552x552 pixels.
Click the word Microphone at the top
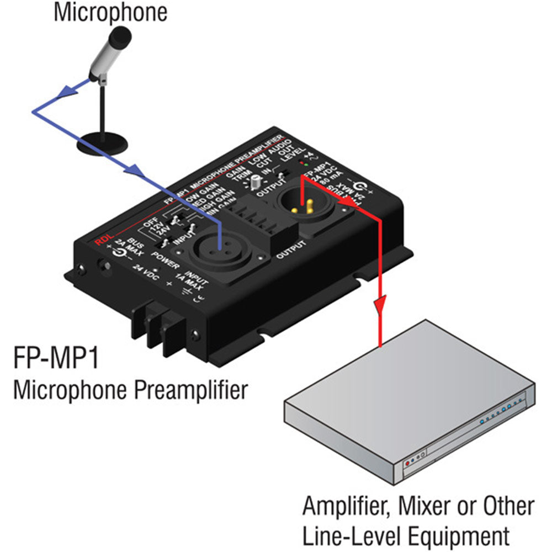tap(110, 13)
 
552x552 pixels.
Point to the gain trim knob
tap(256, 183)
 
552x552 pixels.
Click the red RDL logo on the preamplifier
tap(102, 241)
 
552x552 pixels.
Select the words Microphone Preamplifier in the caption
tap(130, 390)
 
